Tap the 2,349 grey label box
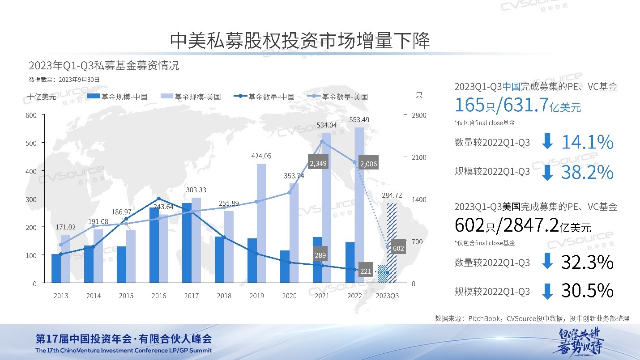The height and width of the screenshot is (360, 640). pyautogui.click(x=318, y=163)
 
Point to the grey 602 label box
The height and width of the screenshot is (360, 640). pyautogui.click(x=398, y=248)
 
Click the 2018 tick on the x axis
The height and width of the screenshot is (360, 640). pyautogui.click(x=224, y=296)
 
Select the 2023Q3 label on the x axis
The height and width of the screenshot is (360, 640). pyautogui.click(x=387, y=296)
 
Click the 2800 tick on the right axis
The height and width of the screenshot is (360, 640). pyautogui.click(x=419, y=115)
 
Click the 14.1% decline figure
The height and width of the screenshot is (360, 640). pyautogui.click(x=587, y=143)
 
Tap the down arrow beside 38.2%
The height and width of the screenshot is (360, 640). pyautogui.click(x=547, y=172)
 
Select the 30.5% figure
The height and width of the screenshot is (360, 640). pyautogui.click(x=587, y=291)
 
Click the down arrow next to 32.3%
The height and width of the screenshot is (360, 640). pyautogui.click(x=547, y=262)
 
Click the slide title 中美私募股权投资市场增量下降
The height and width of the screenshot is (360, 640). pyautogui.click(x=300, y=41)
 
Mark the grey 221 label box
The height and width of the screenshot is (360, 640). pyautogui.click(x=366, y=271)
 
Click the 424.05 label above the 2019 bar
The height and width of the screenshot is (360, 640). pyautogui.click(x=262, y=156)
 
